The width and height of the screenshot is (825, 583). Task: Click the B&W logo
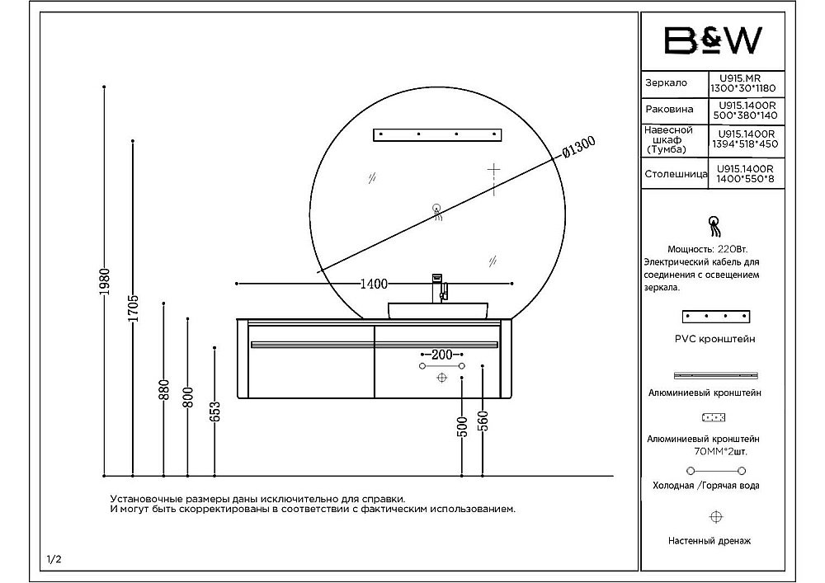pyautogui.click(x=714, y=40)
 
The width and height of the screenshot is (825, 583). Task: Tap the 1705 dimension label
pyautogui.click(x=133, y=308)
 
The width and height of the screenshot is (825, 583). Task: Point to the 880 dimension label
pyautogui.click(x=163, y=389)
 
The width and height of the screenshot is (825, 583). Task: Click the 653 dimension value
pyautogui.click(x=214, y=411)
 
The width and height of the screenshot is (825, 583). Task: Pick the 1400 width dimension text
pyautogui.click(x=374, y=284)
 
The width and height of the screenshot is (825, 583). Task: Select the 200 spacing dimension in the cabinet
pyautogui.click(x=441, y=354)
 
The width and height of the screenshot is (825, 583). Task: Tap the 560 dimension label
pyautogui.click(x=483, y=422)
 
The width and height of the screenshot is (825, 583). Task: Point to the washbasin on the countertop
pyautogui.click(x=438, y=311)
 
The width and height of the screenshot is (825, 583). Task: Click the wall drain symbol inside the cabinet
pyautogui.click(x=441, y=377)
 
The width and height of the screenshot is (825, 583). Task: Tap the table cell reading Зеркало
pyautogui.click(x=667, y=83)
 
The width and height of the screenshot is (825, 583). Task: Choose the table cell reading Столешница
pyautogui.click(x=675, y=175)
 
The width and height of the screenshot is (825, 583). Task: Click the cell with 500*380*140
pyautogui.click(x=744, y=115)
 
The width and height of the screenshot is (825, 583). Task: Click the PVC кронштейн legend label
pyautogui.click(x=714, y=339)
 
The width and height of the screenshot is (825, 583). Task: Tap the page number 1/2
pyautogui.click(x=54, y=559)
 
